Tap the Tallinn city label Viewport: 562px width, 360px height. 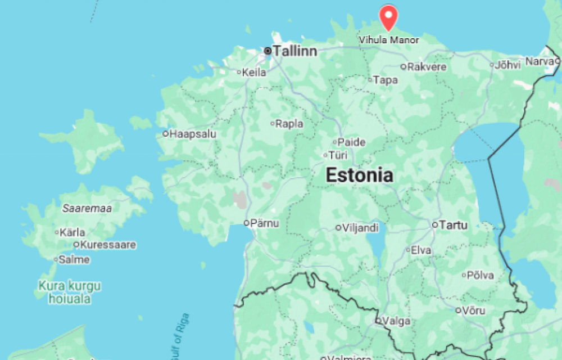coord(295,51)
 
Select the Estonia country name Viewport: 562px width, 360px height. coord(360,175)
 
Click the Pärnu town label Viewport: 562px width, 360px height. coord(264,223)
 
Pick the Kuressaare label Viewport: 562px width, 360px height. coord(108,245)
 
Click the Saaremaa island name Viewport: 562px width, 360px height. coord(87,209)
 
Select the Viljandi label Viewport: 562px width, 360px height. coord(360,228)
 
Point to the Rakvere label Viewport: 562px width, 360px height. coord(427,67)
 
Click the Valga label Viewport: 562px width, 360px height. coord(397,321)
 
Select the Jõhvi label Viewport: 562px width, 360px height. coord(508,65)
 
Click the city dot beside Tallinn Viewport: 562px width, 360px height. coord(268,51)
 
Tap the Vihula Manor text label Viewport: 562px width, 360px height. coord(389,40)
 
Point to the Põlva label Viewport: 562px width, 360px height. coord(481,275)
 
